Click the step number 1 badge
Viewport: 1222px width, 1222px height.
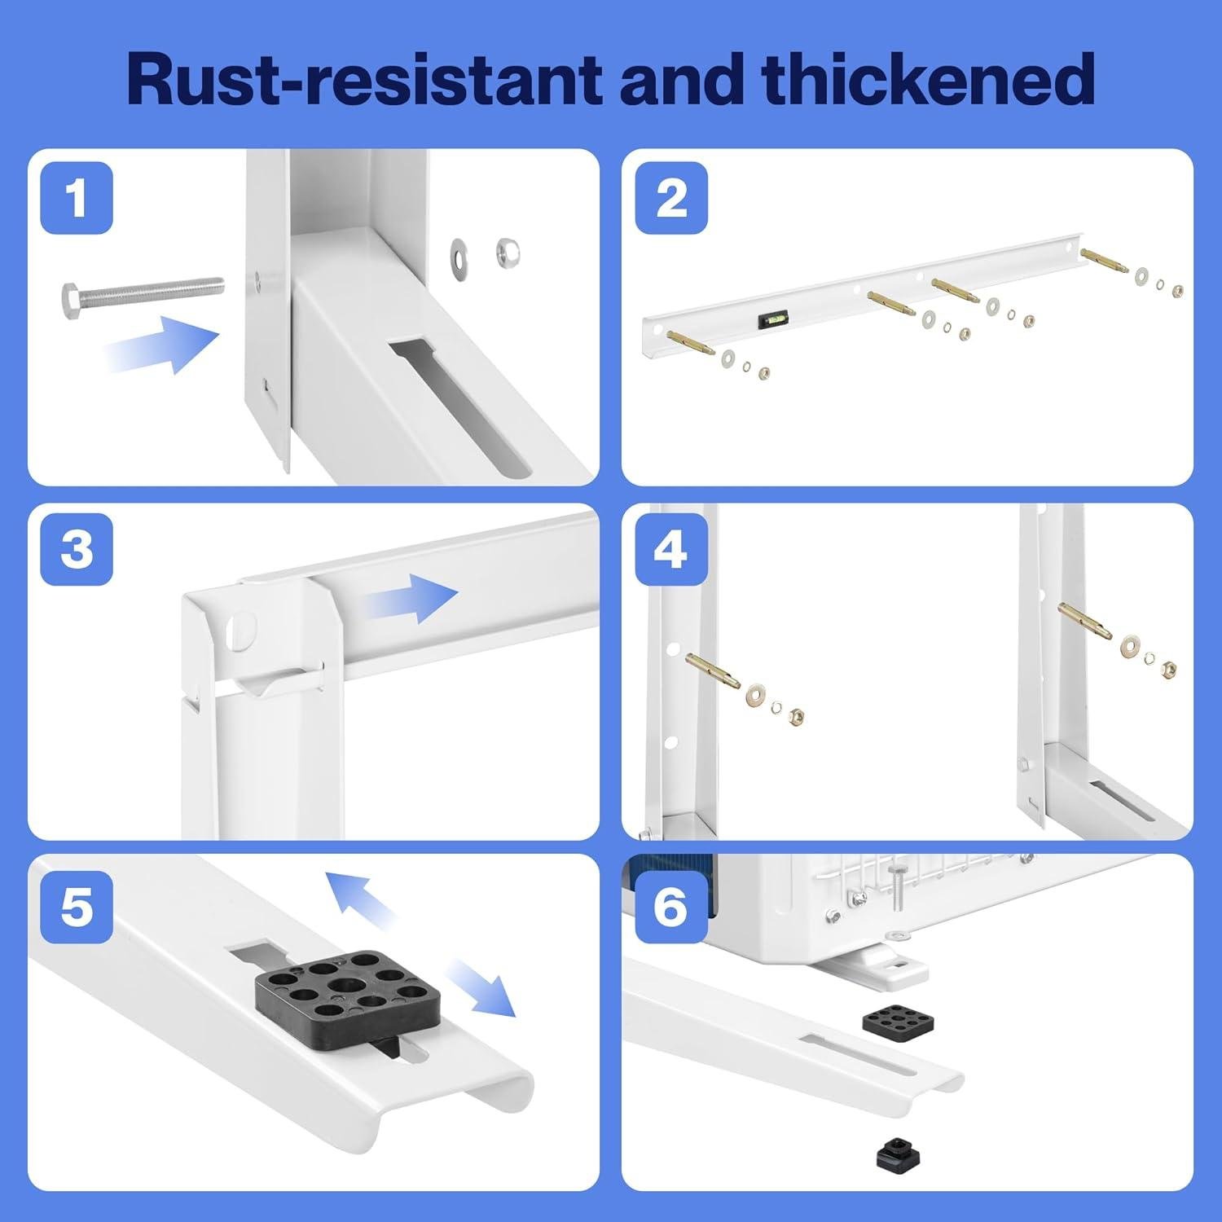click(77, 198)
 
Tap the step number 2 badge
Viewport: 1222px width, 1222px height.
click(670, 198)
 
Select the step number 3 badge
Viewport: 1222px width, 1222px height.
click(77, 549)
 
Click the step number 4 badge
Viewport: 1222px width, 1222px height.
click(670, 549)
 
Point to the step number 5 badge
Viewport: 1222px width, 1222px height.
click(77, 907)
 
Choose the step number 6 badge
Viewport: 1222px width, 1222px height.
click(670, 907)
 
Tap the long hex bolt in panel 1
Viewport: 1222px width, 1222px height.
click(143, 292)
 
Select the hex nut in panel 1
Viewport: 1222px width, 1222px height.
click(507, 253)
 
